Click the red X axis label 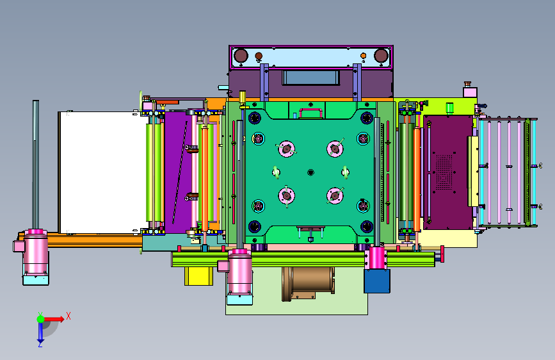pyautogui.click(x=68, y=316)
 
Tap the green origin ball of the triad pyautogui.click(x=41, y=319)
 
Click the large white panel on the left pyautogui.click(x=102, y=172)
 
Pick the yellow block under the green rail pyautogui.click(x=198, y=276)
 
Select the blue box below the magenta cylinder pyautogui.click(x=377, y=281)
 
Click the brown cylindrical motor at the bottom pyautogui.click(x=308, y=284)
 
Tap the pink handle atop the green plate pyautogui.click(x=310, y=112)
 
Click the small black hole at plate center pyautogui.click(x=310, y=172)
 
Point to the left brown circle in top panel pyautogui.click(x=241, y=56)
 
